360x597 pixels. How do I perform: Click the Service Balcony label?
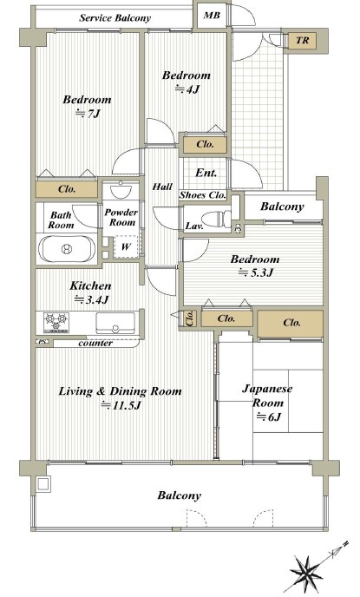(x=115, y=18)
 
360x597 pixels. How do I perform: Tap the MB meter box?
(x=212, y=16)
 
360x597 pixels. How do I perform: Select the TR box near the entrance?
(x=302, y=40)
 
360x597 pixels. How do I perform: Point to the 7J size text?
(x=88, y=114)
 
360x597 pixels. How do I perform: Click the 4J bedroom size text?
(x=187, y=89)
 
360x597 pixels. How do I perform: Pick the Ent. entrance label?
(x=206, y=173)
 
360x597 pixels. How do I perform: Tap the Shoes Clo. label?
(x=203, y=195)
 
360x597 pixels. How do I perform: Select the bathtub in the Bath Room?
(x=67, y=249)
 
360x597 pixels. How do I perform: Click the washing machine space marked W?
(x=126, y=246)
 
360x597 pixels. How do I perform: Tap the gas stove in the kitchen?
(x=56, y=323)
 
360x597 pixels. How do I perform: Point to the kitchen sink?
(x=115, y=323)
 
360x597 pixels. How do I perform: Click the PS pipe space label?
(x=43, y=342)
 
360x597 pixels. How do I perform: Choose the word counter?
(x=95, y=344)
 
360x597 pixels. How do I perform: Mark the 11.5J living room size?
(x=121, y=405)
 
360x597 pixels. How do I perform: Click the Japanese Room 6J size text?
(x=269, y=417)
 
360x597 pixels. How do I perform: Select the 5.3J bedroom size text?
(x=256, y=272)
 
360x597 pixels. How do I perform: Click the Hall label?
(x=162, y=187)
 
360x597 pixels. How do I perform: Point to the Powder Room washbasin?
(x=121, y=190)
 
